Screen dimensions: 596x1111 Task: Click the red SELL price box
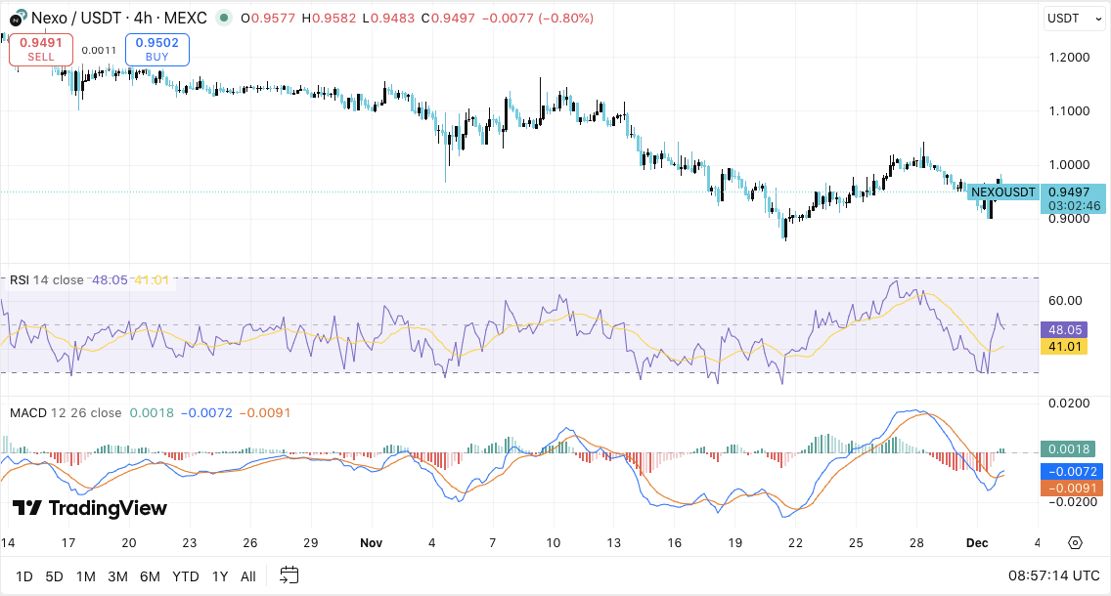point(41,49)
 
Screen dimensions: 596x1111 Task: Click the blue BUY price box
point(156,49)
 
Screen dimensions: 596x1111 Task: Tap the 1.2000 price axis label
point(1068,58)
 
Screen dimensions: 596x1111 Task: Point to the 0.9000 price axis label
point(1068,219)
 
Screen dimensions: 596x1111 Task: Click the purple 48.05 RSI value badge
point(1064,330)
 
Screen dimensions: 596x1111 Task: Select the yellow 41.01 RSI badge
point(1064,346)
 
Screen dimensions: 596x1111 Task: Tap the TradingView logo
point(90,508)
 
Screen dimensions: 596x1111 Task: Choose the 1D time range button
point(23,576)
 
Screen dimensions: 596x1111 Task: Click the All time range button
point(248,576)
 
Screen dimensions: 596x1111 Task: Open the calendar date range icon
point(289,575)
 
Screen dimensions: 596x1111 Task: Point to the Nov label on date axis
point(371,542)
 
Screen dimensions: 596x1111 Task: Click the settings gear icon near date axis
point(1075,542)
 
